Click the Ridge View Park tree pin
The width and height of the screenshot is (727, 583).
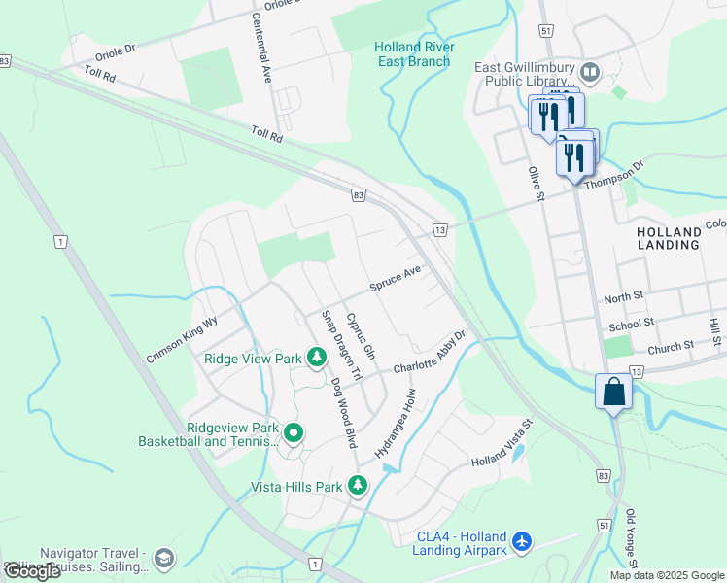pos(316,359)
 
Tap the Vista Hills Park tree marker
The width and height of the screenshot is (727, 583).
pos(358,485)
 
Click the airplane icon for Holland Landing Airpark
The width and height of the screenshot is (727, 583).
pos(523,540)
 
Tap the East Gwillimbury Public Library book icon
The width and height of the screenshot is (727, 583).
pos(589,72)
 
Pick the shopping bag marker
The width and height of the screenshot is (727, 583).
pos(614,393)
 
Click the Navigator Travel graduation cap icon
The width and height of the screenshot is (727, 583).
pos(163,558)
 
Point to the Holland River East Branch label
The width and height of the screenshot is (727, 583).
pos(413,54)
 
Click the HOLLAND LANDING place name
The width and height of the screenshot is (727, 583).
pos(669,238)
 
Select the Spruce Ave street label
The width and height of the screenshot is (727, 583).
pos(396,278)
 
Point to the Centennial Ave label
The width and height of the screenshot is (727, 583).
pos(262,46)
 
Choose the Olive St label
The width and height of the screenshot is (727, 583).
pos(535,184)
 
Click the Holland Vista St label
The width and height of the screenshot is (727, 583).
pos(503,442)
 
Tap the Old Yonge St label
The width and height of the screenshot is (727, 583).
pos(631,540)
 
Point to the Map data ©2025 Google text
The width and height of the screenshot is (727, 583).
pos(667,575)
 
